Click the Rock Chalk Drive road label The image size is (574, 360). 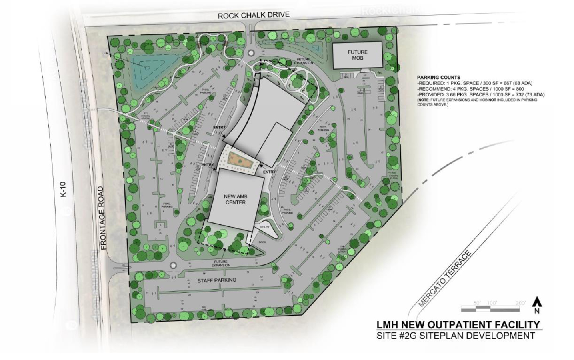tap(253, 15)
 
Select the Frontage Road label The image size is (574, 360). tap(101, 218)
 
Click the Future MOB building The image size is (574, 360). tap(357, 55)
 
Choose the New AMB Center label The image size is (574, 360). tap(235, 199)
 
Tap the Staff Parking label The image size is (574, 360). tap(216, 280)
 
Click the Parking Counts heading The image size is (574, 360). tap(438, 77)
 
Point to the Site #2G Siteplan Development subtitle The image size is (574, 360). tap(456, 336)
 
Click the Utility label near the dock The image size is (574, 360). tap(265, 227)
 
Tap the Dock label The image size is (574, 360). tap(262, 242)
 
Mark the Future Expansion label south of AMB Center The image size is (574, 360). tap(221, 263)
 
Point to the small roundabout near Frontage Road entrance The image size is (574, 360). tap(173, 265)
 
